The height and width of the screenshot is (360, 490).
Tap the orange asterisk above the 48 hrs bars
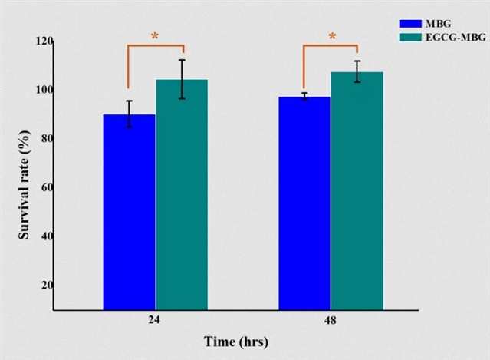coord(332,36)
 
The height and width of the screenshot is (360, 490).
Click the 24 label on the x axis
coord(155,322)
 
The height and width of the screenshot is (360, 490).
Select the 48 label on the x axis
coord(331,322)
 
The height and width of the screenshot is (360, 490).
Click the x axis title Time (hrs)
coord(236,341)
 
